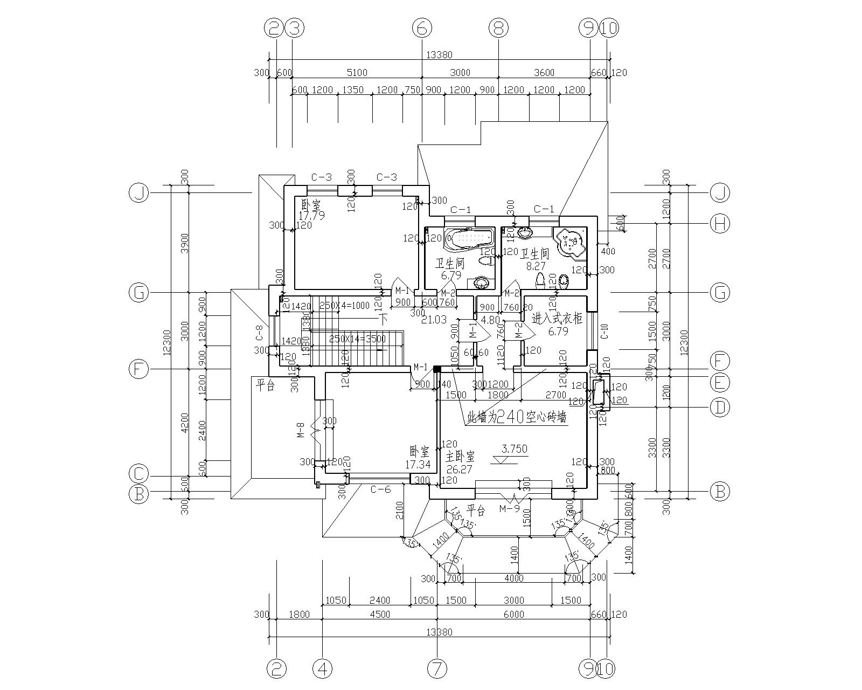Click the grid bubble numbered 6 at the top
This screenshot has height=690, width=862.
(x=422, y=27)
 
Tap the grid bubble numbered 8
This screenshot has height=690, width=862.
(x=498, y=27)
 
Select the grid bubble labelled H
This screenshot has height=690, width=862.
(x=719, y=223)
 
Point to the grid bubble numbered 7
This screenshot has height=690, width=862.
(x=437, y=670)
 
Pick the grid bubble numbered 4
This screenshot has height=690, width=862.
(x=323, y=670)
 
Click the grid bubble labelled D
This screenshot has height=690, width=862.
(x=719, y=407)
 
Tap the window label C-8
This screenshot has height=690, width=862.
(x=259, y=334)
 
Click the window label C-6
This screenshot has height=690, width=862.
(x=380, y=489)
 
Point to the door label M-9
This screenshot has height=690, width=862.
(x=509, y=508)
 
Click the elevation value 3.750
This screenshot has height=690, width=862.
(x=514, y=448)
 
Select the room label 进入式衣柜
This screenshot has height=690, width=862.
(x=557, y=319)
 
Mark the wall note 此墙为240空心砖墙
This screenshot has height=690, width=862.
(x=517, y=417)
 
